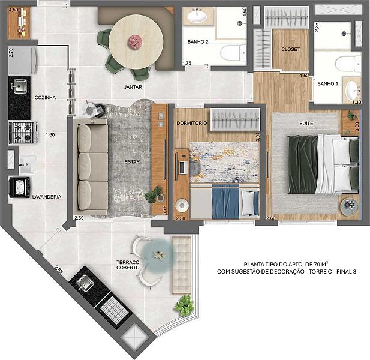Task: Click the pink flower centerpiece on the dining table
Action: tap(135, 41)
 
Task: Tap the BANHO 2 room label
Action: tap(198, 42)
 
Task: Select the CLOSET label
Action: tap(291, 49)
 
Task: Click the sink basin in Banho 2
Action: tap(197, 16)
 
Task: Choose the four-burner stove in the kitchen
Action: tap(23, 133)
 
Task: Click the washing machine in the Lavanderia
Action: tap(19, 187)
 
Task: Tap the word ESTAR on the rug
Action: tap(132, 162)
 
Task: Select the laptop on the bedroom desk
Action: tap(183, 167)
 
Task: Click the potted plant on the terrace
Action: tap(185, 305)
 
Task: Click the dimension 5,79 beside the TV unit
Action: tap(164, 210)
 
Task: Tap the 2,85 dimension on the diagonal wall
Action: tap(59, 269)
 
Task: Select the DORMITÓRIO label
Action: tap(192, 123)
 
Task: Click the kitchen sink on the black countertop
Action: tap(20, 86)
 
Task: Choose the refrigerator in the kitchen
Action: tap(22, 61)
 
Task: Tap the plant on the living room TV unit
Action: tap(154, 195)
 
